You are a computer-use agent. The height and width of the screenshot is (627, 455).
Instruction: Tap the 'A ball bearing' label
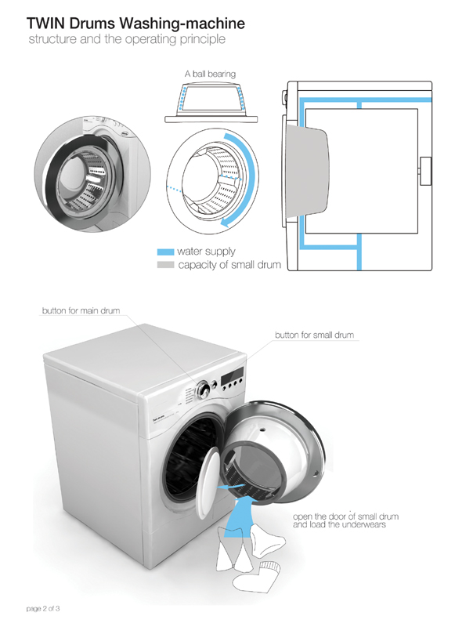tap(210, 74)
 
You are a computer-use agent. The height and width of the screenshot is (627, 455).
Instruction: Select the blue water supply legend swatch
tap(165, 252)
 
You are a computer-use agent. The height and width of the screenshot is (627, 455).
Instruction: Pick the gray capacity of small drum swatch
tap(165, 265)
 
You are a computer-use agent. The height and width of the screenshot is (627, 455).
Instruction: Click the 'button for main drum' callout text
tap(81, 310)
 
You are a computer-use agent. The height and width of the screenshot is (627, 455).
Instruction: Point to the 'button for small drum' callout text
tap(314, 335)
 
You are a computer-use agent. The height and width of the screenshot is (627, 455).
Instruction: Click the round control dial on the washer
tap(203, 389)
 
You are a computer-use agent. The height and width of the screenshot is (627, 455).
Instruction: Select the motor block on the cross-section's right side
tap(425, 171)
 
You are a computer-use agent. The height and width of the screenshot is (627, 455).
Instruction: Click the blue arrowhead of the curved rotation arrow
tap(226, 222)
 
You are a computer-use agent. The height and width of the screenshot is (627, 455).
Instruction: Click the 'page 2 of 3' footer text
tap(43, 609)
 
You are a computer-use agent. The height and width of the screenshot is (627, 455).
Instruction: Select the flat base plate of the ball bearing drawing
tap(211, 119)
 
